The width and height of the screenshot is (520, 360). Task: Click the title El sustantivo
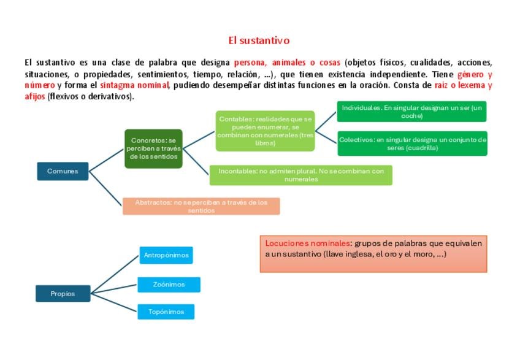(x=259, y=41)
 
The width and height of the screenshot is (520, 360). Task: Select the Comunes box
(x=63, y=171)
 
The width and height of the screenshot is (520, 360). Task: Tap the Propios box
(x=63, y=294)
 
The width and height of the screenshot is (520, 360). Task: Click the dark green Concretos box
(x=153, y=149)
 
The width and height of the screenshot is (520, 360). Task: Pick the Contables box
(x=265, y=131)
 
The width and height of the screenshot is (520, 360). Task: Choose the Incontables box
(x=300, y=175)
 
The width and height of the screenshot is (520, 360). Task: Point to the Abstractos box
(x=201, y=206)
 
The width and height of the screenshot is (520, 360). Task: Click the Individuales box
(x=411, y=112)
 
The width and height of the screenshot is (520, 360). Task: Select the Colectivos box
(x=412, y=144)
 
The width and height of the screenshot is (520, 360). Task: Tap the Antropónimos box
(x=166, y=255)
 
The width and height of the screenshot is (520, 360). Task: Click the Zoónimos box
(x=168, y=285)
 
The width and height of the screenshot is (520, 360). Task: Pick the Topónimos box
(x=166, y=312)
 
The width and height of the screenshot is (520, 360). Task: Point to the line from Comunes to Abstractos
(x=105, y=188)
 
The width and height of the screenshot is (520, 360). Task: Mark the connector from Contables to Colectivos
(x=326, y=136)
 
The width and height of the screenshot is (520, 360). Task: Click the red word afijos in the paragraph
(x=35, y=97)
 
